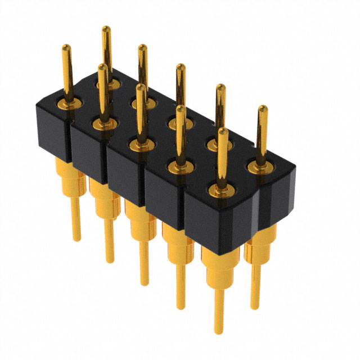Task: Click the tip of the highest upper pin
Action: [x=105, y=28]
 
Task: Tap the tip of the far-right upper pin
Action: [x=262, y=108]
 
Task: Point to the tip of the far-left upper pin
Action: [x=66, y=46]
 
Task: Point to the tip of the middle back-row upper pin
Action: [x=180, y=67]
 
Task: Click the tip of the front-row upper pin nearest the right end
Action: [x=223, y=130]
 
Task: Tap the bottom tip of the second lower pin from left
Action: [x=110, y=262]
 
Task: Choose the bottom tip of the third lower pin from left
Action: [x=145, y=285]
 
